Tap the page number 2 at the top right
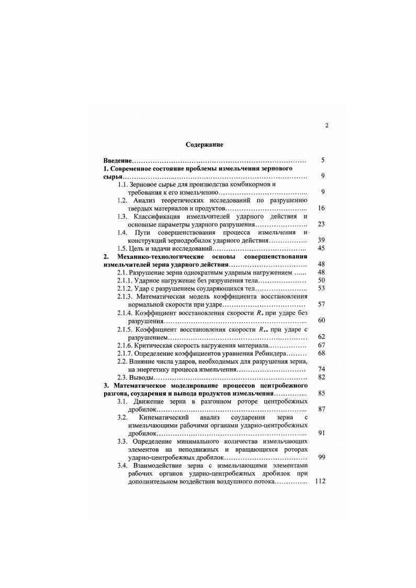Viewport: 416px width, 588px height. point(326,126)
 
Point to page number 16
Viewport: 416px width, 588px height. point(321,208)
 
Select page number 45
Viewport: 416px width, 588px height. point(321,248)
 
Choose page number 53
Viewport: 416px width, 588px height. point(321,288)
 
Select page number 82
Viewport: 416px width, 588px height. point(321,377)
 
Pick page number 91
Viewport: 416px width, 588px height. point(321,433)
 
